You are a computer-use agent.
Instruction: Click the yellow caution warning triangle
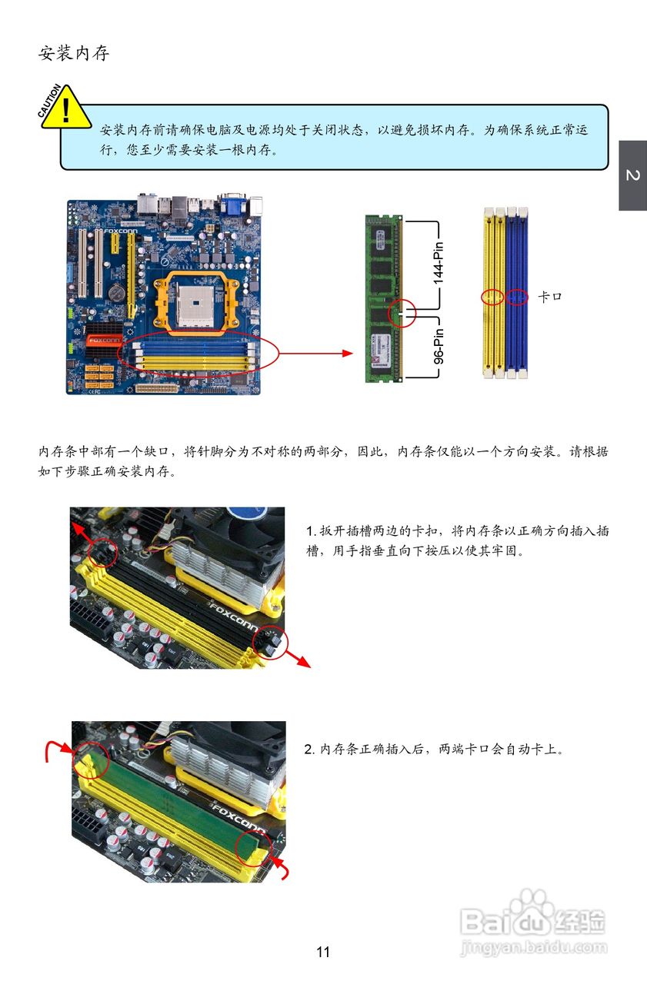pyautogui.click(x=66, y=109)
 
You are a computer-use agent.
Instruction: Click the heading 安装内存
pyautogui.click(x=74, y=53)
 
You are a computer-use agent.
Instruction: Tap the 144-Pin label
pyautogui.click(x=439, y=263)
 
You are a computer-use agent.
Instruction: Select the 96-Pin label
pyautogui.click(x=439, y=346)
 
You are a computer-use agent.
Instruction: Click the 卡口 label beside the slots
pyautogui.click(x=550, y=297)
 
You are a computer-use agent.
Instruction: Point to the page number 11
pyautogui.click(x=323, y=952)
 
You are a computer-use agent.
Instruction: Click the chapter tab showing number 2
pyautogui.click(x=633, y=175)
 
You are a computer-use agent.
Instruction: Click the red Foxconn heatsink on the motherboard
pyautogui.click(x=104, y=340)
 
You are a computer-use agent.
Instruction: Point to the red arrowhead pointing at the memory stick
pyautogui.click(x=347, y=353)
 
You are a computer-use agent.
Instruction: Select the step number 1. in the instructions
pyautogui.click(x=312, y=531)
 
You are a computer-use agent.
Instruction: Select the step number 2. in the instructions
pyautogui.click(x=309, y=749)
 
